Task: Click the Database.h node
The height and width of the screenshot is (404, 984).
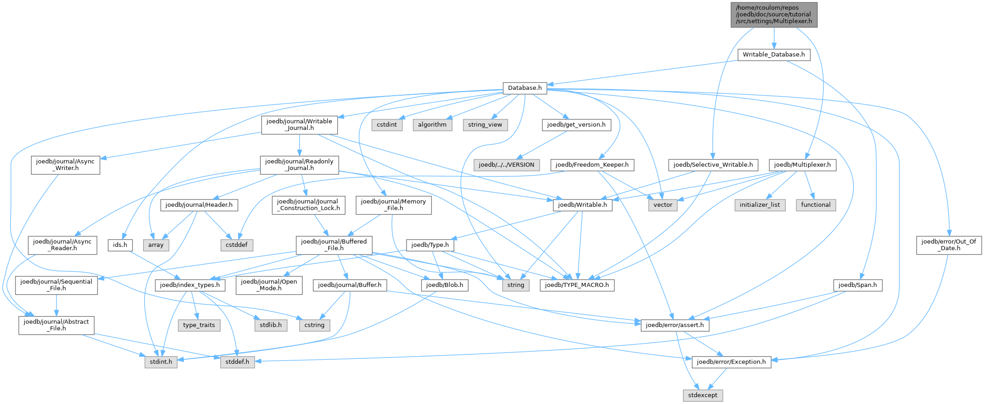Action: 525,88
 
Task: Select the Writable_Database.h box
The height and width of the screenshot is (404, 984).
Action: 774,55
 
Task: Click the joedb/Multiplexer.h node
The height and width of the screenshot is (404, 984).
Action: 802,165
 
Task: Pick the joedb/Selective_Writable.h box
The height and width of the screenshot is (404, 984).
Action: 713,165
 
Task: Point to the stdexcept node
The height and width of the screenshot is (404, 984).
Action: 703,395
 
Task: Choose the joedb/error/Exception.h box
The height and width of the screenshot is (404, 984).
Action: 732,362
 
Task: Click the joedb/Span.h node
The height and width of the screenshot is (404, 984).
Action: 858,285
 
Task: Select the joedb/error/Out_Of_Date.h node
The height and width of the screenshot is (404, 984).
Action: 949,245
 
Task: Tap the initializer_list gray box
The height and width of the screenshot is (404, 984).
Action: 760,205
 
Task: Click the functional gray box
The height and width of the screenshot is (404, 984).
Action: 816,205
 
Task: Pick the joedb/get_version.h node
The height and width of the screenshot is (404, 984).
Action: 576,125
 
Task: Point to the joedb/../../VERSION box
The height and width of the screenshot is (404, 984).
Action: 506,165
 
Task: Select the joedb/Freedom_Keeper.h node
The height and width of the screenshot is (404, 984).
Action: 592,165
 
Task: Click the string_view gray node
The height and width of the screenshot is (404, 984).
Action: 485,125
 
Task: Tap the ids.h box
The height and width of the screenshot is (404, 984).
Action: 120,245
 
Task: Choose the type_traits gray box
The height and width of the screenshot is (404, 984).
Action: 199,325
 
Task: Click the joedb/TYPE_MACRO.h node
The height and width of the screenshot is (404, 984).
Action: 577,285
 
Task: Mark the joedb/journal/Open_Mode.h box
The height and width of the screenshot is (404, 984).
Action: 269,285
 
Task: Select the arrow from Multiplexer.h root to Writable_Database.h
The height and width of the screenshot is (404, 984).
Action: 774,38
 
